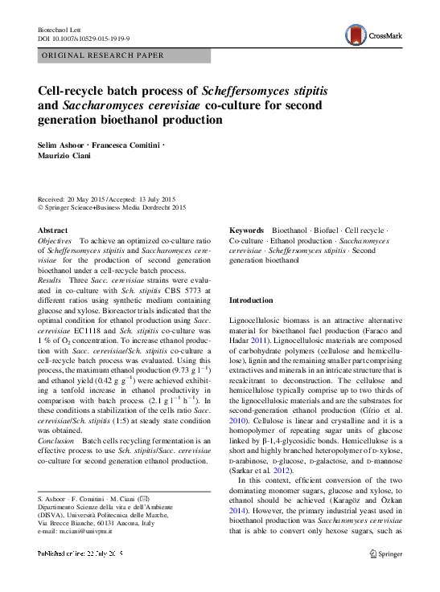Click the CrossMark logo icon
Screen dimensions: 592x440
[x=354, y=34]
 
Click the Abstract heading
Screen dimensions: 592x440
[x=53, y=230]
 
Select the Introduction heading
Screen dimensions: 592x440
[x=252, y=300]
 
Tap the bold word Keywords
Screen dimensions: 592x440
[x=247, y=230]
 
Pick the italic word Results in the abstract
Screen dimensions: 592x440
[x=50, y=280]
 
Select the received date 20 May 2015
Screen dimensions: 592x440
[x=83, y=199]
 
